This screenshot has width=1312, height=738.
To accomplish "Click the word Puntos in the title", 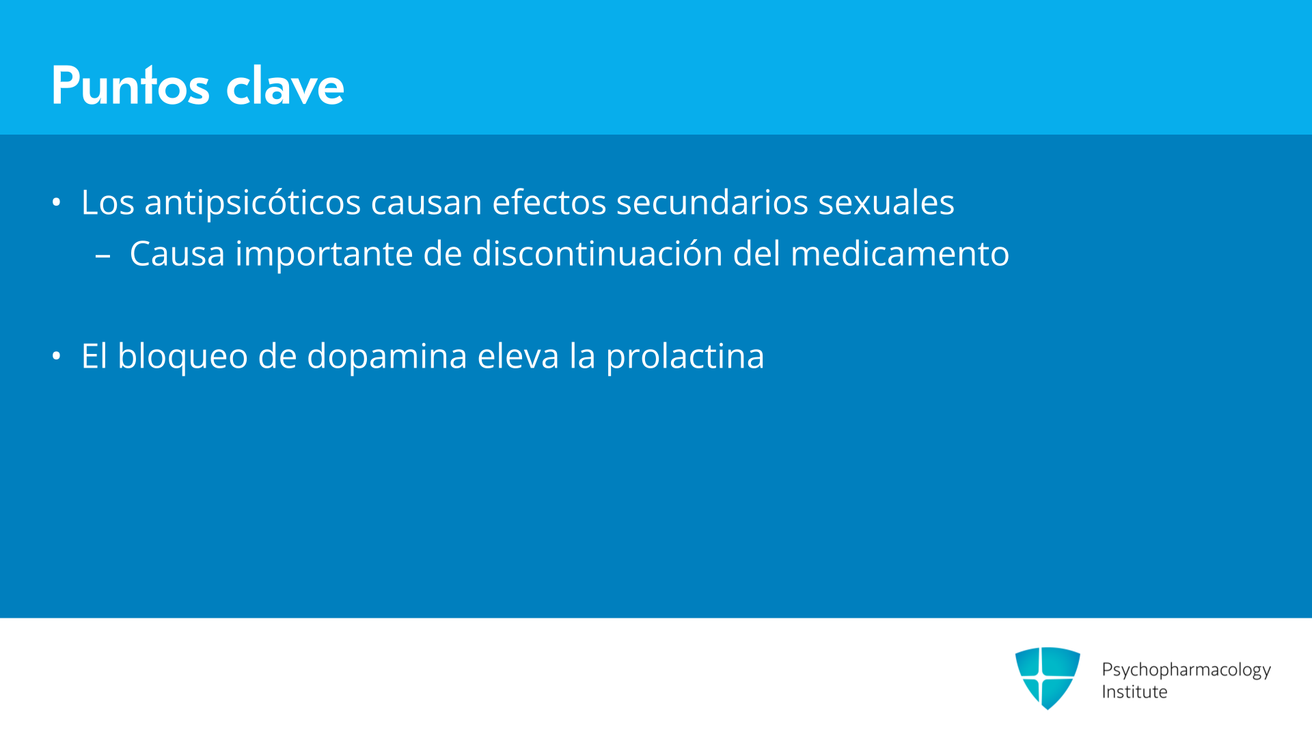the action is (x=131, y=85).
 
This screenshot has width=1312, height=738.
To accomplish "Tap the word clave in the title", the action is (x=285, y=85).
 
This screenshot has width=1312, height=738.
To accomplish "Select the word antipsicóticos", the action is (x=253, y=203).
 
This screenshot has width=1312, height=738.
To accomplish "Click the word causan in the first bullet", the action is (x=426, y=203).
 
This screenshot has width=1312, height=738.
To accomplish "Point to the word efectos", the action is (x=549, y=202).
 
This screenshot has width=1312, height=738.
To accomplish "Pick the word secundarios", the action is (x=712, y=202).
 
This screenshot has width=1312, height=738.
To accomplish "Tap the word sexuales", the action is (x=886, y=202).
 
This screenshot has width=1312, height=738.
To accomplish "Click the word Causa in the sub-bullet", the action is (x=178, y=254).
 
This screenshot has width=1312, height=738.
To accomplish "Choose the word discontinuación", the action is (x=598, y=254).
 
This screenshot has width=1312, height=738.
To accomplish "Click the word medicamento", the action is (x=900, y=254).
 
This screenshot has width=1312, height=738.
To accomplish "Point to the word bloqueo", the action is (x=182, y=357).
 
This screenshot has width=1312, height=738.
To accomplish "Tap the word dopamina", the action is (x=387, y=357).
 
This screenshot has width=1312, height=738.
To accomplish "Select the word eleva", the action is (x=518, y=356).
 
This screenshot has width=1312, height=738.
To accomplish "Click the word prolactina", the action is (x=685, y=357).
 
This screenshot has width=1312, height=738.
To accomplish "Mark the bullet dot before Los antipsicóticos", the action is (x=57, y=202).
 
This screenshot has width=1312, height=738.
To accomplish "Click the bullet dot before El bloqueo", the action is (x=57, y=356).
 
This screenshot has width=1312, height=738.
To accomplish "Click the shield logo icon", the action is (x=1048, y=678).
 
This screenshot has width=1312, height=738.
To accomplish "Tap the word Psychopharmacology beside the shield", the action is (x=1186, y=670).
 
